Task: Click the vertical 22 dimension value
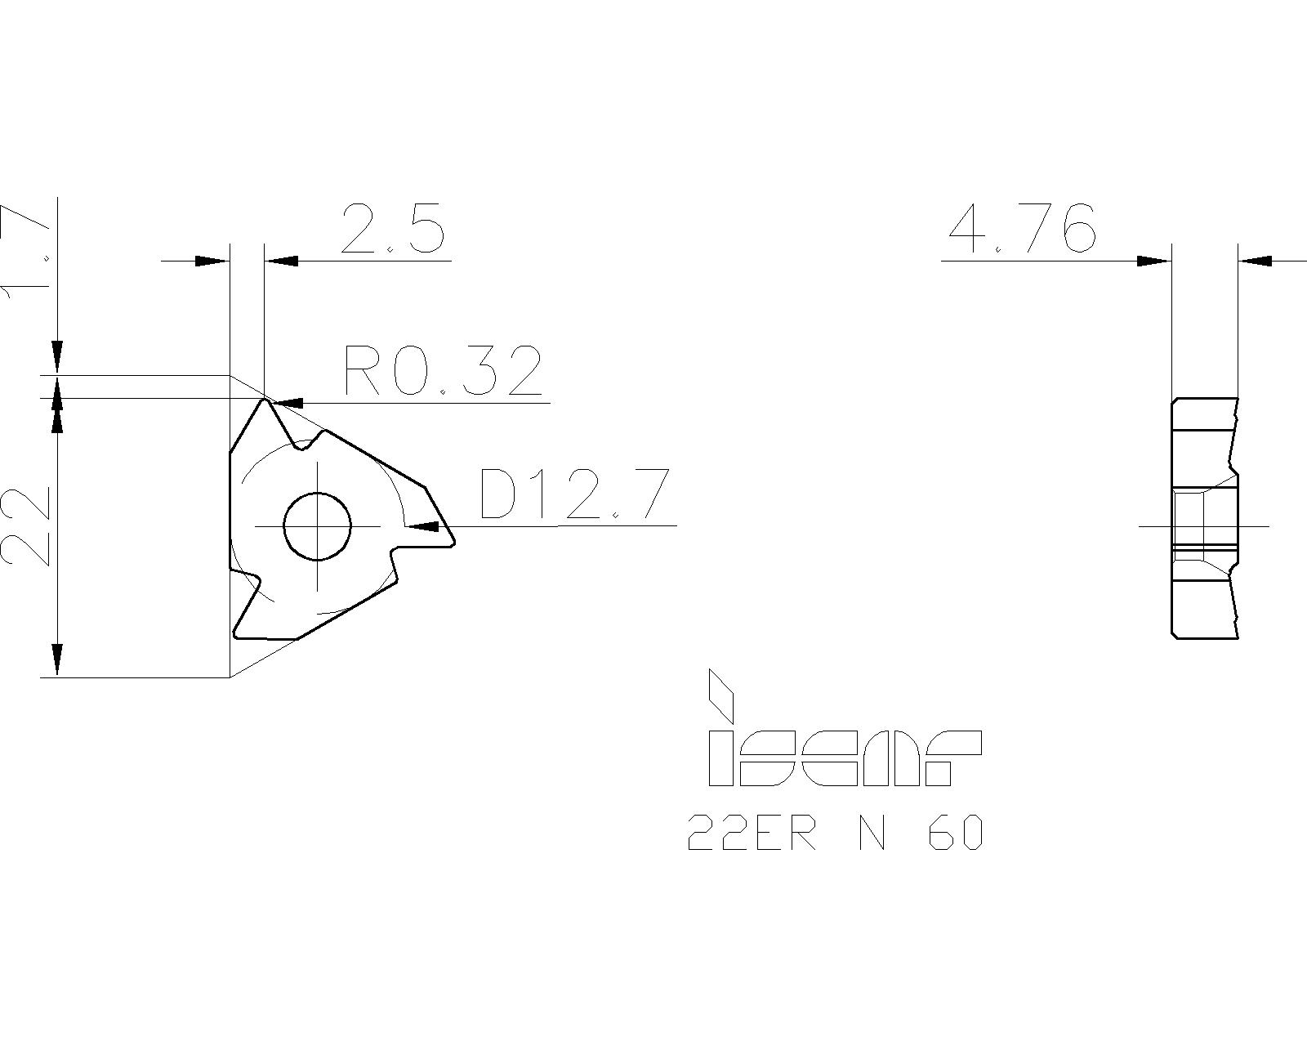27,526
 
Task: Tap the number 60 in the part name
956,834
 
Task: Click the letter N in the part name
872,834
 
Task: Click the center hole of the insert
317,526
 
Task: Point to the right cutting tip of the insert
453,539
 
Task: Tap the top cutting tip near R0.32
264,400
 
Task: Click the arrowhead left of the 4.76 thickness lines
1153,261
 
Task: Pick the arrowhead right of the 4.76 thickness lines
1256,261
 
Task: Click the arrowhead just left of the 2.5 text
283,261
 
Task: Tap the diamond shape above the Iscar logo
720,693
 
